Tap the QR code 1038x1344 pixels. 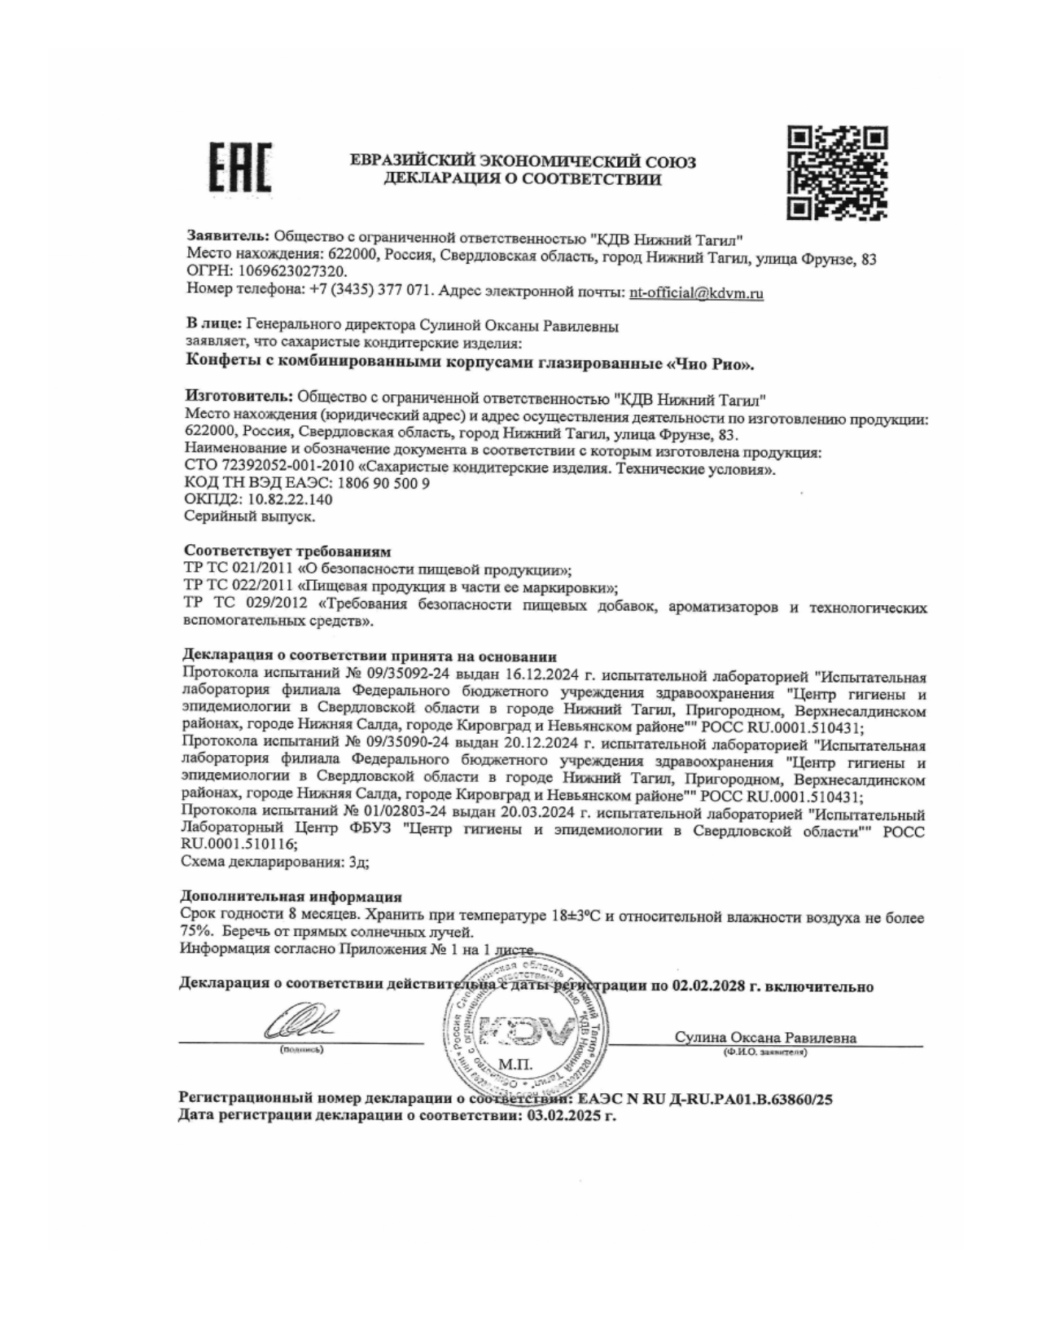click(x=836, y=173)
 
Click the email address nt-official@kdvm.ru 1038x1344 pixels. click(x=696, y=292)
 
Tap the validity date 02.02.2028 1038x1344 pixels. click(x=707, y=986)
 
